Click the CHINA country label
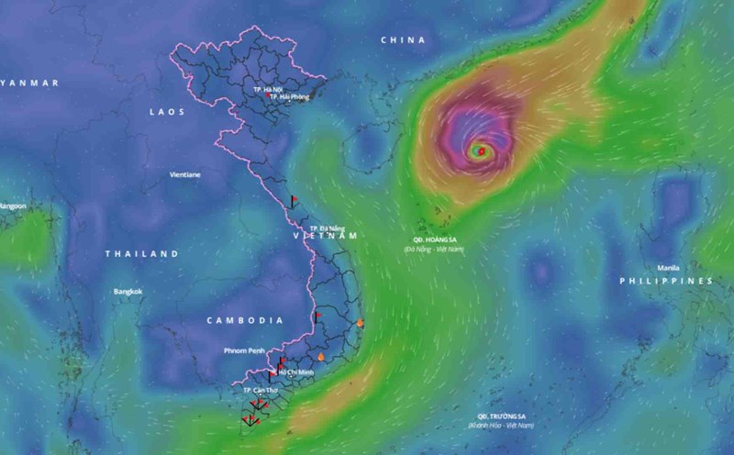point(403,40)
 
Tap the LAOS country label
point(167,112)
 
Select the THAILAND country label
point(141,253)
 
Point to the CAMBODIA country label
point(245,320)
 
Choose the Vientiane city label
point(186,174)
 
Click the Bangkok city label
point(128,292)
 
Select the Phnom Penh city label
point(244,350)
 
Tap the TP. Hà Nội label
point(267,90)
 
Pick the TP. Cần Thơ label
point(260,390)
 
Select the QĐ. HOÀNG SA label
point(433,239)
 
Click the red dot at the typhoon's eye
point(481,150)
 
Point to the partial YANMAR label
point(29,83)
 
